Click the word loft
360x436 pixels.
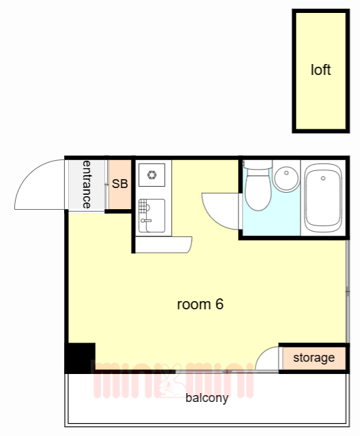(x=320, y=69)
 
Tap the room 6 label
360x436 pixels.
(x=200, y=305)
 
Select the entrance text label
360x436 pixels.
(x=87, y=185)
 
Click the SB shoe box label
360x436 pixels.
(x=120, y=184)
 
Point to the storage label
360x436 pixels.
(x=314, y=358)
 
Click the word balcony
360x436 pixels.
(x=207, y=398)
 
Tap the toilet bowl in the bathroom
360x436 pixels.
(x=258, y=192)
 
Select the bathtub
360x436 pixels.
(x=323, y=198)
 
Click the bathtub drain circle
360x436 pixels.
(x=323, y=178)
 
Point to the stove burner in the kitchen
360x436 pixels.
(x=151, y=175)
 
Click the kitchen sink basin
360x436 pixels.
(x=152, y=215)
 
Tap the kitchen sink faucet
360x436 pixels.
(x=146, y=221)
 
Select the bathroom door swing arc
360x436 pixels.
(x=213, y=218)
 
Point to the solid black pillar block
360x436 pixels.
(x=80, y=358)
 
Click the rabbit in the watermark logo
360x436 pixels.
(x=170, y=381)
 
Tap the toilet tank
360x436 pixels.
(x=258, y=165)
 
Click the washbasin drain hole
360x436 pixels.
(x=286, y=173)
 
